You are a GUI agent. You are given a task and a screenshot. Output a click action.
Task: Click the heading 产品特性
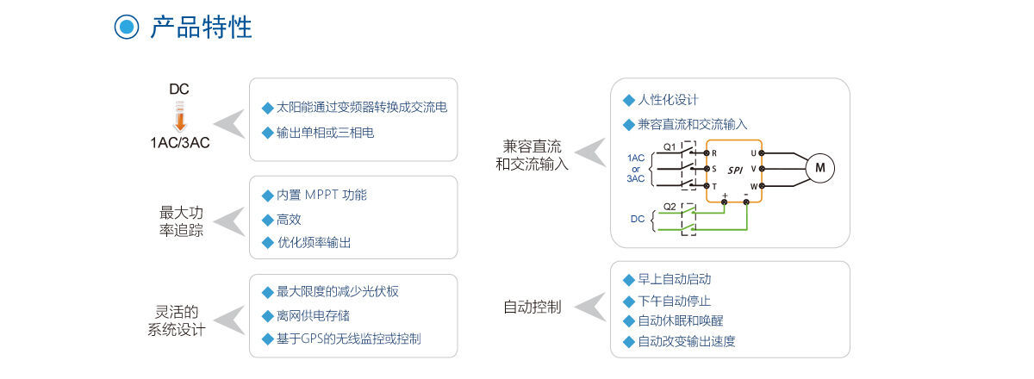pos(201,27)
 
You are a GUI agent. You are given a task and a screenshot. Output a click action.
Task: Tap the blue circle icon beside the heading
pos(127,27)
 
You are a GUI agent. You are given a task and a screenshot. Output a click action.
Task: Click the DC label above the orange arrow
pos(178,90)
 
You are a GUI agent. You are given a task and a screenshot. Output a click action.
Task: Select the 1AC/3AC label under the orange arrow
pos(179,142)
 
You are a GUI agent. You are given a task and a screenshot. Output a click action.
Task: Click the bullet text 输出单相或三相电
pos(325,133)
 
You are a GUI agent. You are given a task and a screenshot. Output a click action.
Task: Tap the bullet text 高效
pos(289,220)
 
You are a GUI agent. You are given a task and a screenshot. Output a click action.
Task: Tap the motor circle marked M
pos(819,169)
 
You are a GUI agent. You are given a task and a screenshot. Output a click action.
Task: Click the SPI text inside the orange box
pos(734,171)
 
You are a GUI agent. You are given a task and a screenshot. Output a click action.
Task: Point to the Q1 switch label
pos(670,146)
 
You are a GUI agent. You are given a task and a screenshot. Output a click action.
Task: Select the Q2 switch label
pos(670,206)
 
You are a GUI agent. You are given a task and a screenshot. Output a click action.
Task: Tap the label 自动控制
pos(533,307)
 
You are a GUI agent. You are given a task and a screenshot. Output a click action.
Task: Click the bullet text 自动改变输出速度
pos(686,341)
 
